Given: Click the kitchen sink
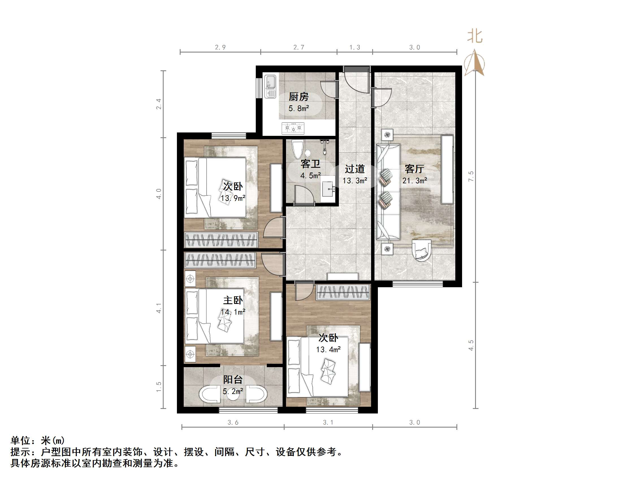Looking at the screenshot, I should pos(271,86).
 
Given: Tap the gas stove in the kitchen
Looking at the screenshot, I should pos(293,128).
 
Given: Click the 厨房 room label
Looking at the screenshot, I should pos(298,97).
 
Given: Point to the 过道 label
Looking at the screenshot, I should pos(354,169).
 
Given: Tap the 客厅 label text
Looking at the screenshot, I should pos(414,169).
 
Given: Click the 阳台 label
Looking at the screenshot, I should pos(233,379).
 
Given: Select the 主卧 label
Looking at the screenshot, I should pos(233,300).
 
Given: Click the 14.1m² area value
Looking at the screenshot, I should pos(233,312).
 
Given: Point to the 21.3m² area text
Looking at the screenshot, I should pos(415,181).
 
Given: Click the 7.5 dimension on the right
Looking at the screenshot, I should pos(471,176).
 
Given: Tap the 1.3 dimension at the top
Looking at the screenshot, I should pos(355,47).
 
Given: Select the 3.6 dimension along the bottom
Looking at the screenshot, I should pos(233,423).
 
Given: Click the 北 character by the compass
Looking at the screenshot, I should pos(475,37).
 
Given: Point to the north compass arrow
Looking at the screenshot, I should pos(474,64).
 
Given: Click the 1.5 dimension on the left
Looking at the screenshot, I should pos(159,387).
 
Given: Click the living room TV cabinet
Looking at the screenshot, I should pos(447,169).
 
